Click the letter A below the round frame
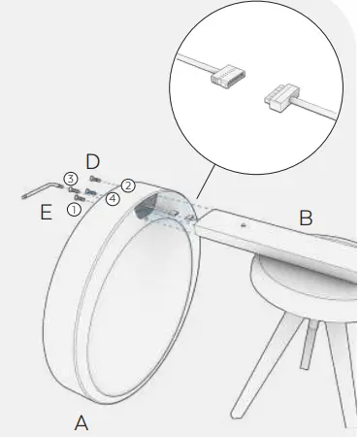(x=82, y=423)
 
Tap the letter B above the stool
(x=305, y=218)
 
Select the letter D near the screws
(x=93, y=160)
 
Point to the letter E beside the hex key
(x=46, y=212)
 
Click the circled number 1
(x=74, y=209)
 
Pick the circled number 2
(x=127, y=185)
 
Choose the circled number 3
(x=71, y=179)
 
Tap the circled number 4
(x=113, y=200)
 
